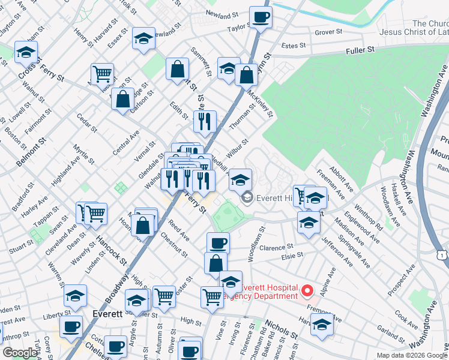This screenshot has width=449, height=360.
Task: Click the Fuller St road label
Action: (x=360, y=52)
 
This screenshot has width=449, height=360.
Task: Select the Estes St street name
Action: (x=294, y=45)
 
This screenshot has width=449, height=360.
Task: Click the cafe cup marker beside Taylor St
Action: (x=261, y=17)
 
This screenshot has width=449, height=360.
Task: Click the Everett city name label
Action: (x=108, y=314)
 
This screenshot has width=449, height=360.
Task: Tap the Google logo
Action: (x=19, y=353)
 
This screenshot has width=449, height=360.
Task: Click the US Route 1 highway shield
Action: (x=442, y=256)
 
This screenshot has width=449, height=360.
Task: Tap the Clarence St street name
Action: (x=276, y=247)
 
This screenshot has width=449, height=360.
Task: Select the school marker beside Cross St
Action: (x=26, y=53)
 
